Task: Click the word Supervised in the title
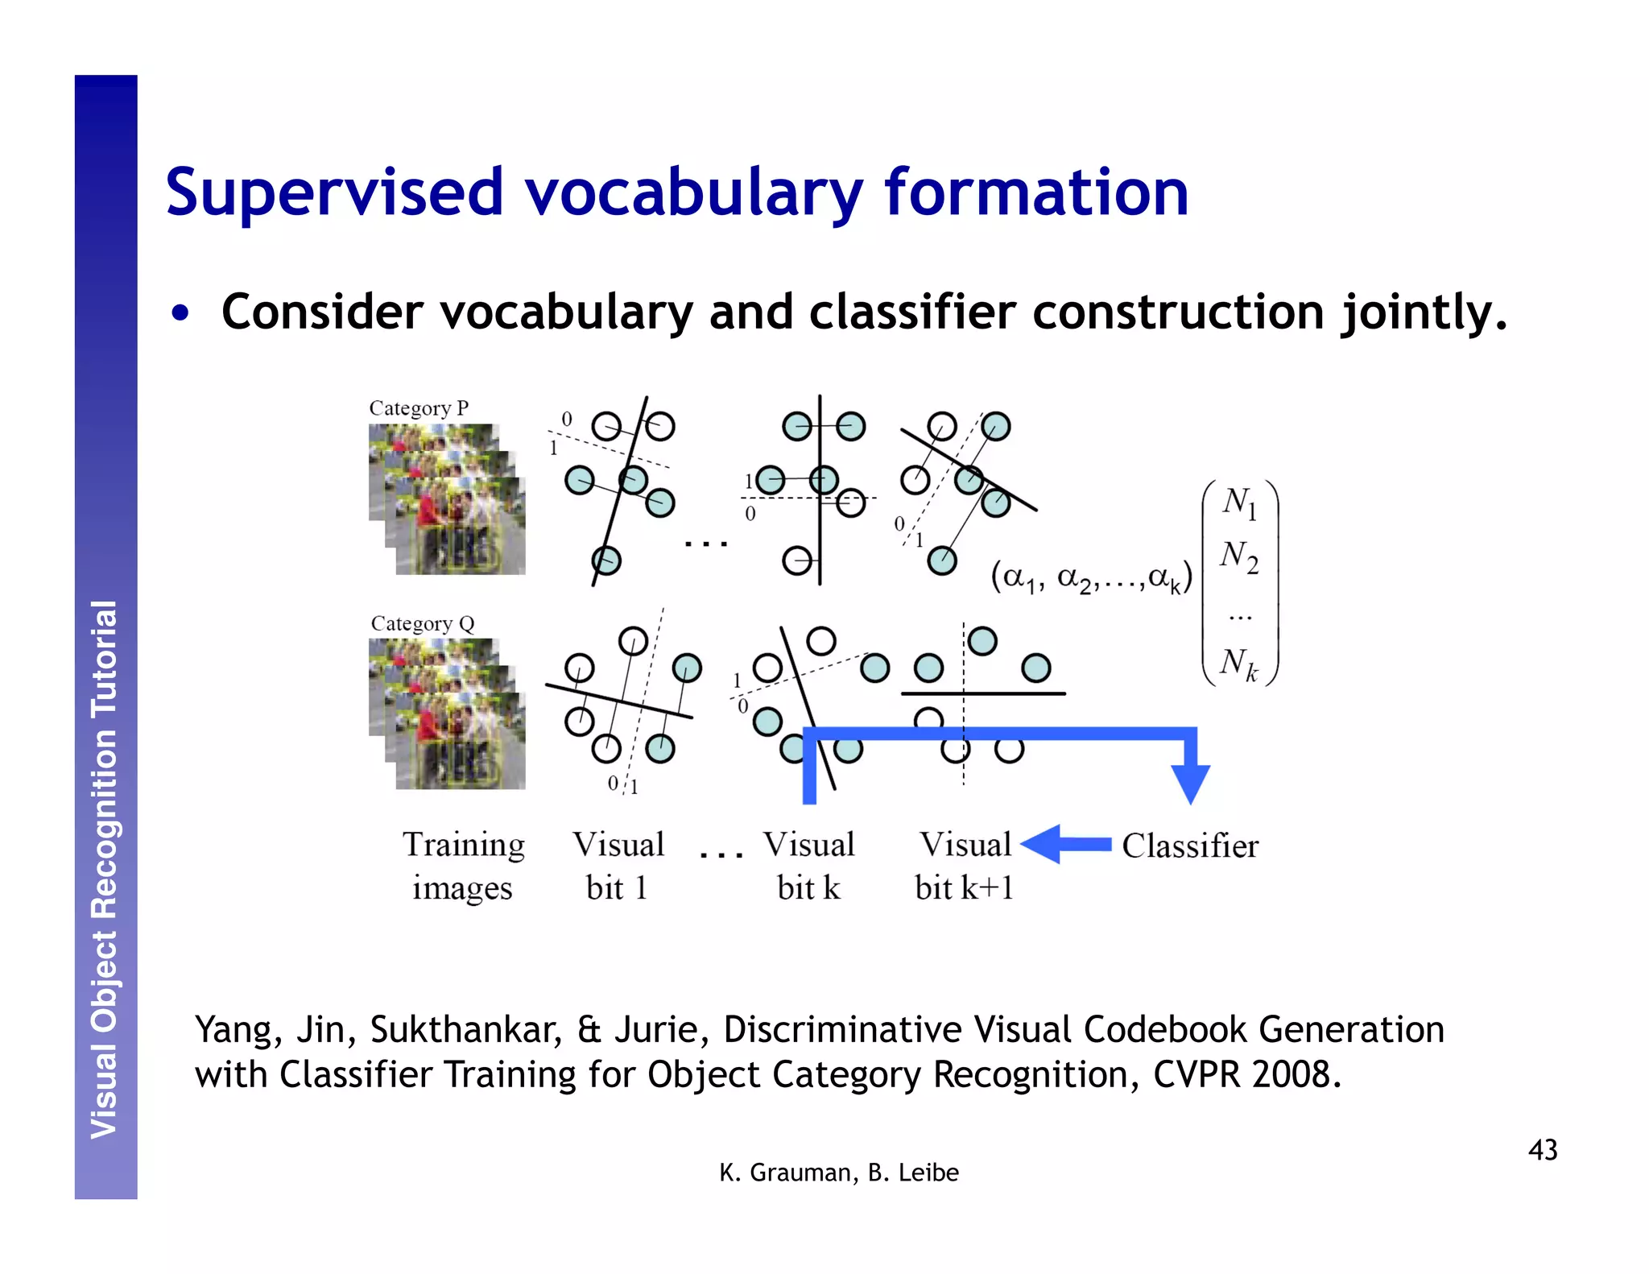click(334, 193)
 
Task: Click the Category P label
click(418, 408)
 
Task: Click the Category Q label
click(422, 624)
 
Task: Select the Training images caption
click(463, 867)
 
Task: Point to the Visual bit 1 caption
click(618, 867)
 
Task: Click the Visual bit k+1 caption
click(964, 867)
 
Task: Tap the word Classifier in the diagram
click(1189, 846)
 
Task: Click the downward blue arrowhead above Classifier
click(1190, 783)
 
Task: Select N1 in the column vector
click(1239, 503)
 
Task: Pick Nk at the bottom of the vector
click(1238, 664)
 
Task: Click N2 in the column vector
click(1239, 556)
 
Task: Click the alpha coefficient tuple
click(1091, 577)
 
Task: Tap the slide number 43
click(1542, 1150)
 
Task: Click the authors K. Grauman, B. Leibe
click(838, 1173)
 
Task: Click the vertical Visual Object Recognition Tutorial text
click(105, 870)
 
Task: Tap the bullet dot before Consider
click(181, 313)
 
